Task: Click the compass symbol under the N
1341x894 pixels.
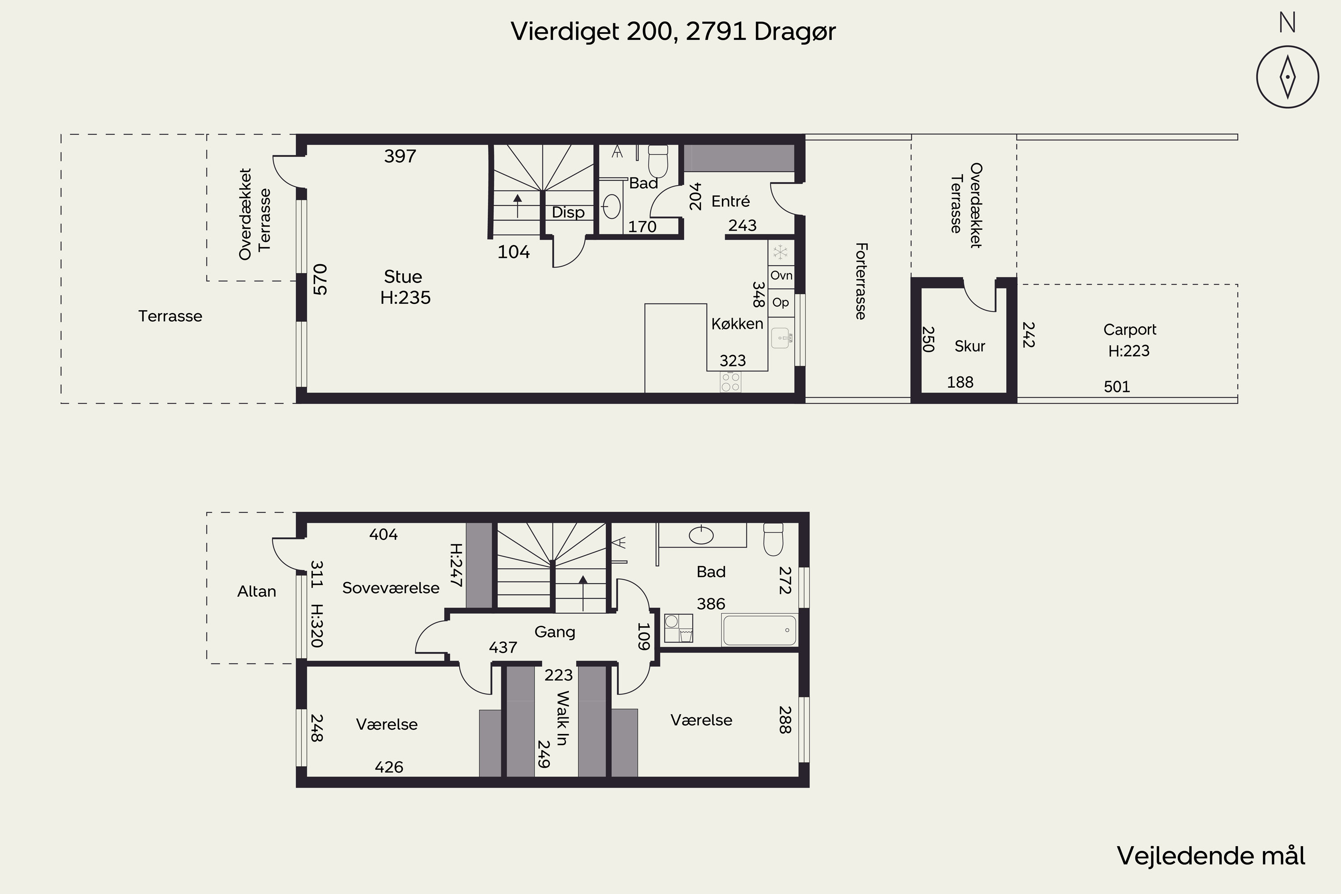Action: (1287, 77)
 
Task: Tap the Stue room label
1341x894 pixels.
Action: (403, 277)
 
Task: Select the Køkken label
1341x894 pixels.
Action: (737, 324)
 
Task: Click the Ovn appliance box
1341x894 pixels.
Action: (781, 276)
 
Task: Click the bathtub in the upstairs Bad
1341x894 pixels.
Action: (759, 629)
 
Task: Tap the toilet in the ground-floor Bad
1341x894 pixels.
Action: (658, 161)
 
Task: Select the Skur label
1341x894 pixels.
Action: (970, 346)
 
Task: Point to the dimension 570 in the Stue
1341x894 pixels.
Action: (320, 279)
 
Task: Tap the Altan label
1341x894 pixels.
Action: (257, 591)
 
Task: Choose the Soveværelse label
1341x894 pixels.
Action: (391, 588)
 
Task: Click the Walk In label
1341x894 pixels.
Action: (563, 718)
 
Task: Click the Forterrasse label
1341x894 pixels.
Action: (861, 281)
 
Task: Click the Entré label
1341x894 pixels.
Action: (730, 201)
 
